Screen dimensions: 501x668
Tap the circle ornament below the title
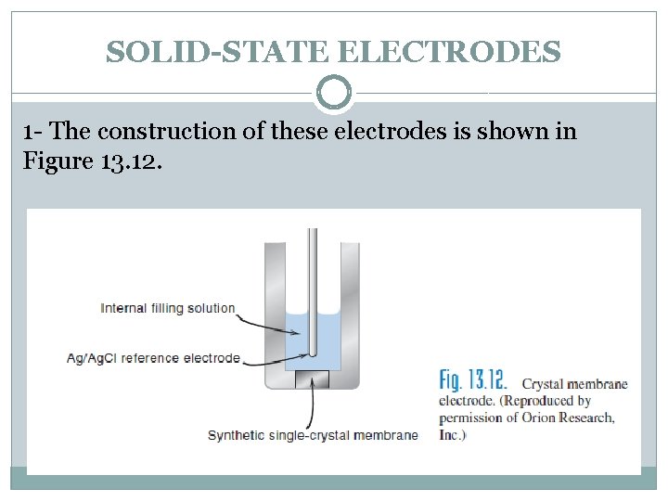click(334, 93)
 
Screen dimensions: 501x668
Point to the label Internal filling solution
click(168, 308)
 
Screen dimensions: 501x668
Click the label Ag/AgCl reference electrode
click(153, 358)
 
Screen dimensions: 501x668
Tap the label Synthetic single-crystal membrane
click(313, 434)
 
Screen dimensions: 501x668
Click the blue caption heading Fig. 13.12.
click(473, 380)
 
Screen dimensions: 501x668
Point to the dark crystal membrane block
click(312, 380)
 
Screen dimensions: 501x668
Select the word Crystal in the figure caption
click(546, 384)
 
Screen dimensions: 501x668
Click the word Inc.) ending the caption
click(453, 433)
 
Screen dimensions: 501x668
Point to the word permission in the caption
click(472, 417)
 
